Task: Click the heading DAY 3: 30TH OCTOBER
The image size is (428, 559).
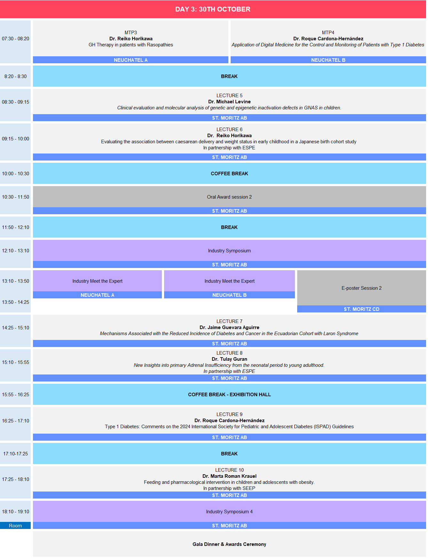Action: pos(213,9)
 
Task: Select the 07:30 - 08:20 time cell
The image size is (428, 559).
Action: pos(15,42)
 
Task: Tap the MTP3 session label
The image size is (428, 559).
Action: pos(131,33)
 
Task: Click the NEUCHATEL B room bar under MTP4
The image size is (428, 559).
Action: pos(328,60)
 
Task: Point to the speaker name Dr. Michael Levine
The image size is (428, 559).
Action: pos(229,102)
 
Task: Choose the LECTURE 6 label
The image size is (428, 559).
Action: pos(229,130)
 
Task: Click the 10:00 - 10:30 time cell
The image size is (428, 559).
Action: pos(15,174)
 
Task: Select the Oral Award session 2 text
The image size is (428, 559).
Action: pos(229,197)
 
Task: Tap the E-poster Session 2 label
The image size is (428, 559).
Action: pos(361,288)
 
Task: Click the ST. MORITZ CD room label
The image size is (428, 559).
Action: pos(361,309)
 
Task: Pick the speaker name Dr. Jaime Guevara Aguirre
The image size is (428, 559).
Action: pos(229,327)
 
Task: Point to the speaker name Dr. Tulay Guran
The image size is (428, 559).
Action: pos(229,359)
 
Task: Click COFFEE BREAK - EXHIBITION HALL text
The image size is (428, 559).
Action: pos(229,395)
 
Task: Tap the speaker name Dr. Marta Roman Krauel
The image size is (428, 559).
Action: pos(229,476)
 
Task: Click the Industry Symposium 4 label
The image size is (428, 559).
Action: pos(229,512)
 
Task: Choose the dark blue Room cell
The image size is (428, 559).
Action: pos(15,526)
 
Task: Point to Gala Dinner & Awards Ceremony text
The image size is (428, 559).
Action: pos(229,544)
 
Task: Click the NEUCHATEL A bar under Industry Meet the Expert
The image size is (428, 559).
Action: pos(97,295)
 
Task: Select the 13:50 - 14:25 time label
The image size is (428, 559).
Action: pos(15,302)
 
